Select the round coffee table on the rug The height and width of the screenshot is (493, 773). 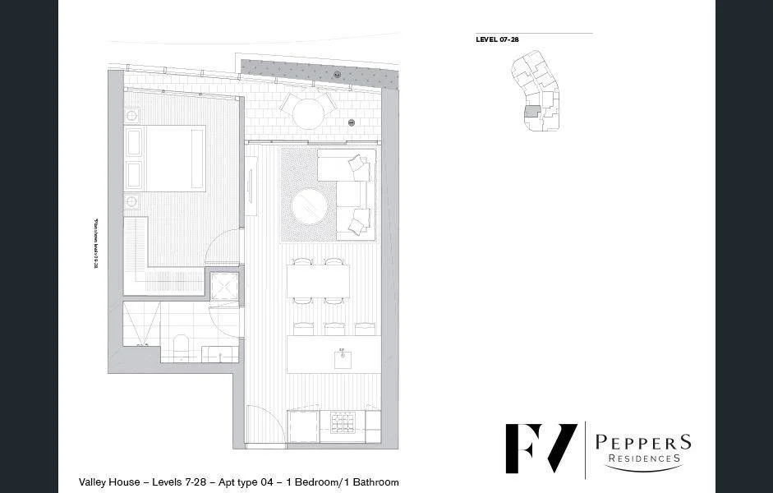tap(311, 205)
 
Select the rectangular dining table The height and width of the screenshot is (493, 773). tap(319, 280)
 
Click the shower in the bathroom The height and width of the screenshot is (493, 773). tap(140, 325)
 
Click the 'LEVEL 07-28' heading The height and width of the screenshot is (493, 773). tap(497, 39)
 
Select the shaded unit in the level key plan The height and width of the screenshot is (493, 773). tap(532, 111)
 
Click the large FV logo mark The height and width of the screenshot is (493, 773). tap(541, 449)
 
